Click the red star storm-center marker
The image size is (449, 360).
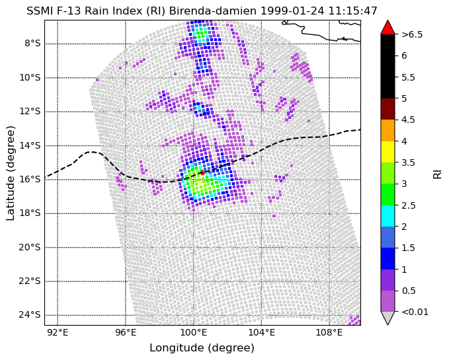click(202, 172)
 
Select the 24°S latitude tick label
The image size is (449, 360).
click(30, 315)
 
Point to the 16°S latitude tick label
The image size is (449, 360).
click(30, 179)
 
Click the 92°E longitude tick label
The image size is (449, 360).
click(58, 333)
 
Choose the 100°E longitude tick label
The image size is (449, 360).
click(193, 333)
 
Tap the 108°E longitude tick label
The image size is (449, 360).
click(329, 333)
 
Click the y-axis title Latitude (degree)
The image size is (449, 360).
click(11, 172)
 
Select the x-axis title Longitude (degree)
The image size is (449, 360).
click(202, 348)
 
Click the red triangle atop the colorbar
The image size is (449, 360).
click(388, 27)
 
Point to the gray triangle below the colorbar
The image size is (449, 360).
click(388, 318)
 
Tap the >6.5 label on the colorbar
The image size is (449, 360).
click(412, 34)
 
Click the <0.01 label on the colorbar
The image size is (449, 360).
click(415, 312)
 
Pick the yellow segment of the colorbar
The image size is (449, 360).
click(388, 152)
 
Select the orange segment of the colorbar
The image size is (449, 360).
click(388, 130)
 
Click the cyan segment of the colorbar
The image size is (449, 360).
click(388, 216)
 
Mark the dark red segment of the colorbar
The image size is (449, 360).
click(388, 109)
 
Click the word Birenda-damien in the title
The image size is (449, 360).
click(213, 11)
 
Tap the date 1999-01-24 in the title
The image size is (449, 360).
click(292, 11)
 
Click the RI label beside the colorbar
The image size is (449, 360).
click(437, 174)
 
